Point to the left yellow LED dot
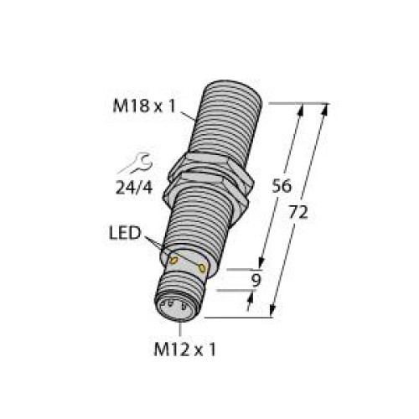click(x=173, y=261)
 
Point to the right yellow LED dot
click(x=203, y=267)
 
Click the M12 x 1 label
click(x=182, y=349)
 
